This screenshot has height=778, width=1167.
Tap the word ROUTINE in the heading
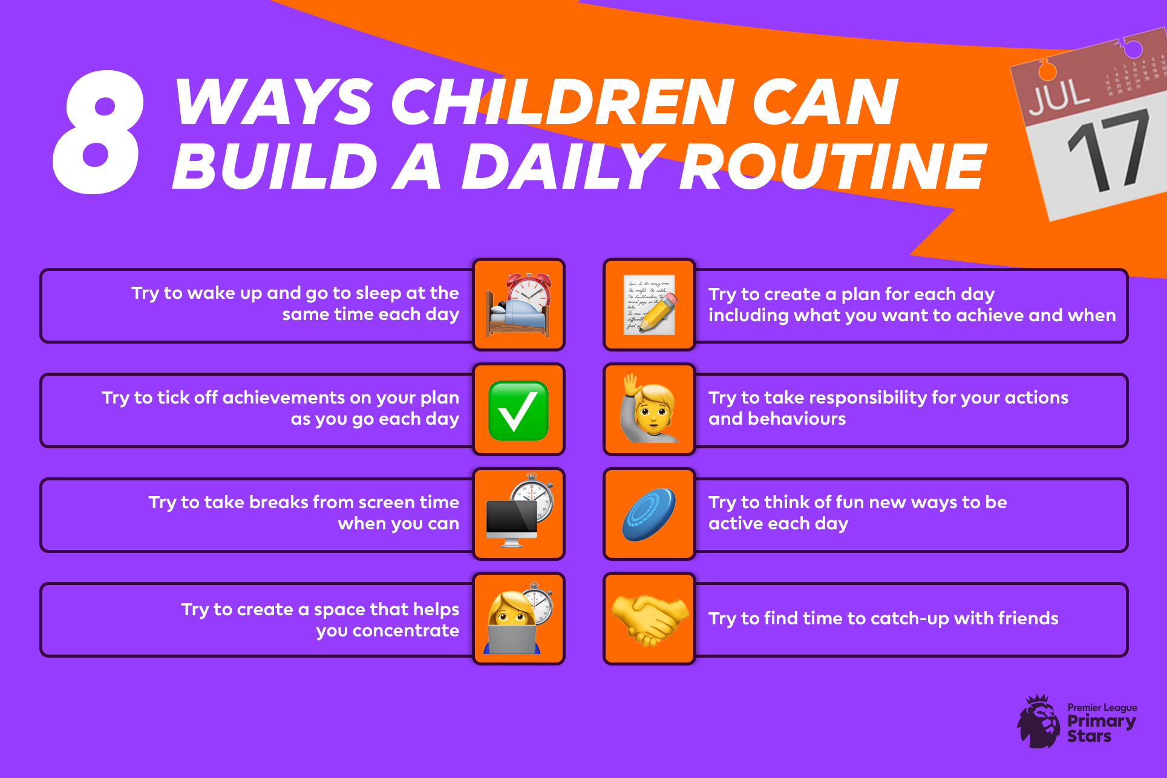coord(834,167)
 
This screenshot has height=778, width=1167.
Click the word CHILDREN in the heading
coord(563,102)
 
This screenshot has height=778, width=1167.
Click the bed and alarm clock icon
coord(520,305)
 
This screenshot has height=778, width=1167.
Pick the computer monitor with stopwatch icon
coord(520,511)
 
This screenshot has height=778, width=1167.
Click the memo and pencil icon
coord(650,304)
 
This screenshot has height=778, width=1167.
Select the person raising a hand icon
coord(649,408)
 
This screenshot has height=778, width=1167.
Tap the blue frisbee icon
coord(649,514)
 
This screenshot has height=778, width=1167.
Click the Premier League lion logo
coord(1038,721)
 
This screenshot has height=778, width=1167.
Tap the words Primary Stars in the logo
coord(1101,728)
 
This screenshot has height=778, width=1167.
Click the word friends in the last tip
coord(1028,618)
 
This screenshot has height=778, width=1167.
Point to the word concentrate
coord(405,631)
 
